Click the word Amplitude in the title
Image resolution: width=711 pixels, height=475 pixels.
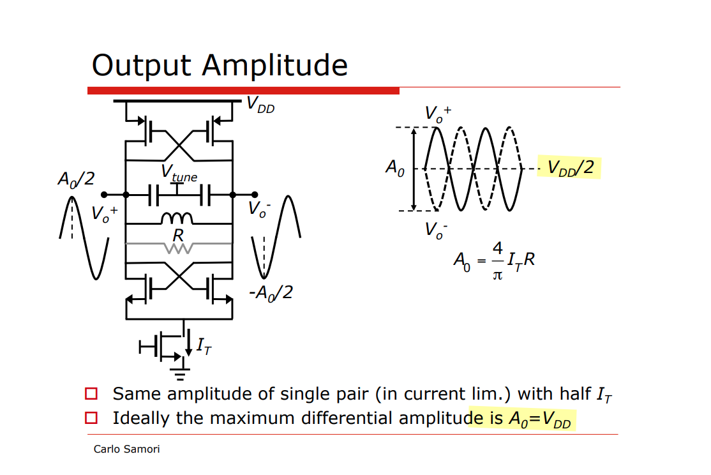[x=275, y=66]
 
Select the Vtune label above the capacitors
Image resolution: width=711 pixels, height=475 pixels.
[x=179, y=173]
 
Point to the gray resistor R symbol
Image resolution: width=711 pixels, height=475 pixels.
[x=179, y=245]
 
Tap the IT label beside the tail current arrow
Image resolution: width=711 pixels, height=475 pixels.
[x=204, y=346]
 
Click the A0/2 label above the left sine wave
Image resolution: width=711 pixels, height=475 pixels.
[x=76, y=179]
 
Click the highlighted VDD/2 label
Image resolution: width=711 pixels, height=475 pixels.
[x=570, y=168]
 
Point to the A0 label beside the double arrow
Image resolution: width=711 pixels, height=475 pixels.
[x=395, y=168]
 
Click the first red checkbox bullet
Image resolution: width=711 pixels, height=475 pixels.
[x=92, y=393]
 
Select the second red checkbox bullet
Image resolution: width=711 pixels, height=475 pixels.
[x=92, y=418]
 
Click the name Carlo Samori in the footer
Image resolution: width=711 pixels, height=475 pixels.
[x=126, y=449]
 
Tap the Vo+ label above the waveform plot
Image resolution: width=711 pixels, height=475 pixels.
[x=438, y=113]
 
